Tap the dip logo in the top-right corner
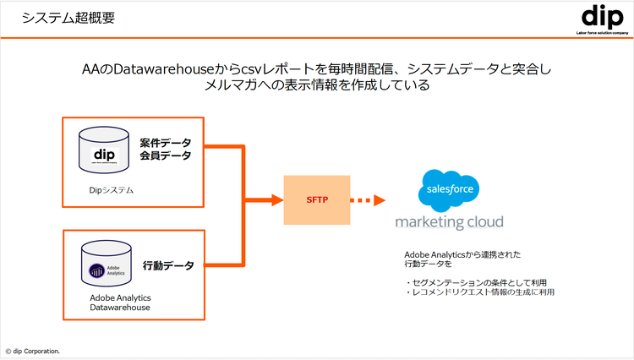click(601, 17)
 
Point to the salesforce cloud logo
click(449, 191)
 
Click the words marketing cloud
click(449, 222)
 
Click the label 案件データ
click(166, 142)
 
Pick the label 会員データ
click(166, 155)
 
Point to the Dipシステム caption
click(111, 190)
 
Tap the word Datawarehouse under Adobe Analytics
click(120, 308)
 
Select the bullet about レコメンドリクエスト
click(479, 292)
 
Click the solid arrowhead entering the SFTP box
click(276, 200)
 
